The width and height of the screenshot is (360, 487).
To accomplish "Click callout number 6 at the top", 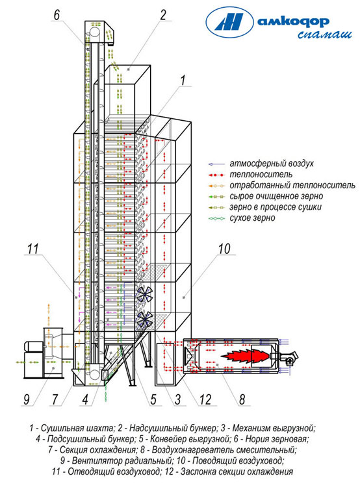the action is [x=57, y=14].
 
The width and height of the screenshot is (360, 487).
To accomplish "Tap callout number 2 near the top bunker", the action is [x=163, y=14].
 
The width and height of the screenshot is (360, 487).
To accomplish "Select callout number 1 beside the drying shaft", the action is [x=183, y=80].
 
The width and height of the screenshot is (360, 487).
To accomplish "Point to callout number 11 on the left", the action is [x=32, y=249].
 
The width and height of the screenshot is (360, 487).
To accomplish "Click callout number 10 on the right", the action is [x=224, y=249].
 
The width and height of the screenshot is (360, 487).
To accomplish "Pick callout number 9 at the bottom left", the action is [x=27, y=399].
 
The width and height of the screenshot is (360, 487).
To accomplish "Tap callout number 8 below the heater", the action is [x=242, y=399].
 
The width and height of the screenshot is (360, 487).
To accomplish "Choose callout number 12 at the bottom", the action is [x=205, y=399].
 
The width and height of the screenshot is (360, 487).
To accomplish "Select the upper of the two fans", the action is [x=145, y=294].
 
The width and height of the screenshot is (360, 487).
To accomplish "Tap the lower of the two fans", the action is [x=145, y=319].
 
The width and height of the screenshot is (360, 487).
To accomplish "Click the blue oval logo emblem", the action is [x=229, y=22].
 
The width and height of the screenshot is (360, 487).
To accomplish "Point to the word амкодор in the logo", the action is [x=293, y=21].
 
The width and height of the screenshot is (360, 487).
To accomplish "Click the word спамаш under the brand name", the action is [x=325, y=34].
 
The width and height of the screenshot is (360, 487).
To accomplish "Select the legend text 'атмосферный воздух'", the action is [x=272, y=164].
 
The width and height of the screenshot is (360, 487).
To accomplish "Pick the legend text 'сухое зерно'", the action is [x=252, y=218].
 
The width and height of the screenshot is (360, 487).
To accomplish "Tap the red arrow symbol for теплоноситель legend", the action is [x=216, y=175].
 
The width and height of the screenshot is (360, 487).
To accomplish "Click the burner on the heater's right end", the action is [x=289, y=357].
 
